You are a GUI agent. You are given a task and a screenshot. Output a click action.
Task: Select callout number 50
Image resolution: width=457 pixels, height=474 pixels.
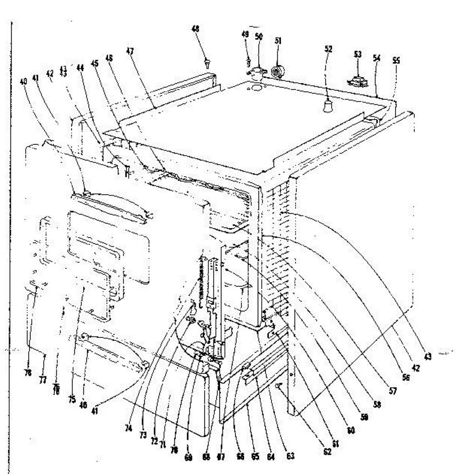click(x=259, y=36)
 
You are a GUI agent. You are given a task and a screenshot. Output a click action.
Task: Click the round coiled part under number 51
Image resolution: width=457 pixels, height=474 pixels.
click(x=278, y=71)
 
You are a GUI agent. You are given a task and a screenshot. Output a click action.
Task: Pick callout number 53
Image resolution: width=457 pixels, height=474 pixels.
click(x=358, y=55)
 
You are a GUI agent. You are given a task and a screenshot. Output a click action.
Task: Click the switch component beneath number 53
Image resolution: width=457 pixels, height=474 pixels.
click(x=358, y=81)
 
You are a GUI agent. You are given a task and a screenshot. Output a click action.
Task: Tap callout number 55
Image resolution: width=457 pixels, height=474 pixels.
click(x=396, y=60)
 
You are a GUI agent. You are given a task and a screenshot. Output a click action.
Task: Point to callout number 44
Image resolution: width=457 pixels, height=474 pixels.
click(x=80, y=68)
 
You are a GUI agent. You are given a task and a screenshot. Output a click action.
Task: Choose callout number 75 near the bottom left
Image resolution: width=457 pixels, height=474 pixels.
click(x=72, y=399)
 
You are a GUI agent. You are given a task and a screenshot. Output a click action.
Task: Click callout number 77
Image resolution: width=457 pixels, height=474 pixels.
click(x=42, y=380)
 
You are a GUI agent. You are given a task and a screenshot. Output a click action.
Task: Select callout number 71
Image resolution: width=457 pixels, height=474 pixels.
click(x=162, y=444)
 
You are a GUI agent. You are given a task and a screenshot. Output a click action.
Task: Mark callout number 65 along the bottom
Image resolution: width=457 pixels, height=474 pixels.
click(x=255, y=457)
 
